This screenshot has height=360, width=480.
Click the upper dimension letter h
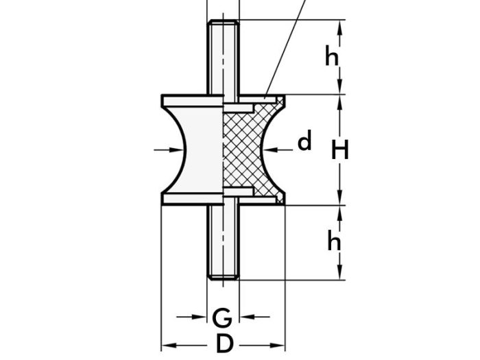(x=333, y=58)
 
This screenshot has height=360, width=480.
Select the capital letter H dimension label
(x=340, y=149)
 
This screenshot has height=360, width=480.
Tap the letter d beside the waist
(x=304, y=142)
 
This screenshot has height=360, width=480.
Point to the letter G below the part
(x=221, y=317)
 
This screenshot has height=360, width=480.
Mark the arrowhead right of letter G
(x=245, y=317)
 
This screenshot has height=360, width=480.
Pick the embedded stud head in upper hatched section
(x=244, y=108)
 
